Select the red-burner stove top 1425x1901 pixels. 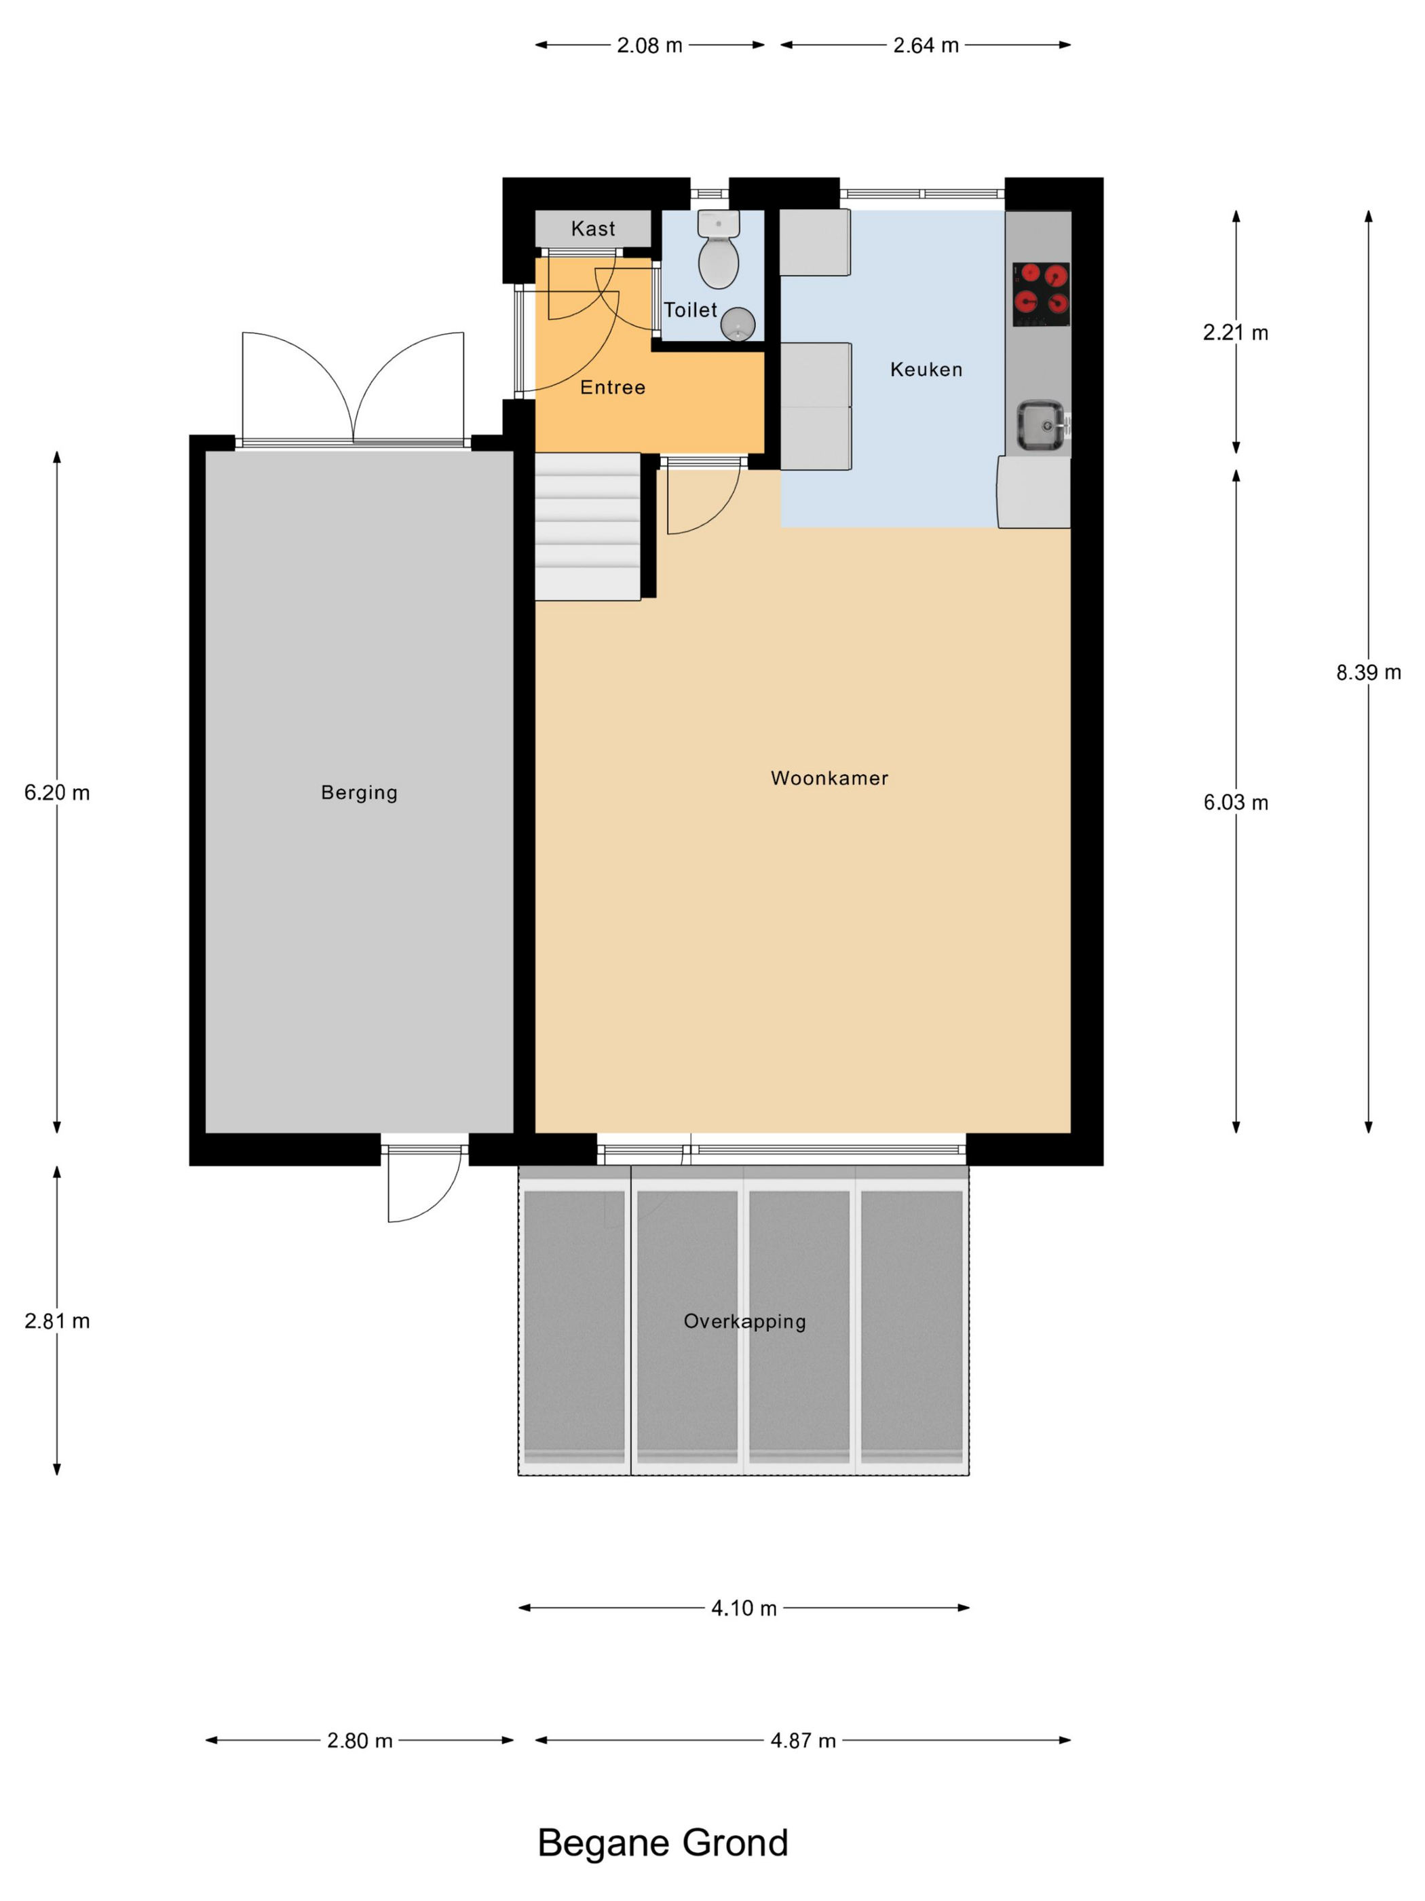click(x=1041, y=294)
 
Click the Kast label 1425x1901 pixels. click(x=592, y=229)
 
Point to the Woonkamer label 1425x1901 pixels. click(x=829, y=778)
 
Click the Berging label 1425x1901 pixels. click(x=359, y=792)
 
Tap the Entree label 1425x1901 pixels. click(x=613, y=388)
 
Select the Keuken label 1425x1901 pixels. click(x=926, y=369)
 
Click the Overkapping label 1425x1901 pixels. click(x=744, y=1322)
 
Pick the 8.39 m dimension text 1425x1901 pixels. click(x=1368, y=673)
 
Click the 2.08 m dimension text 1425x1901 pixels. click(x=649, y=45)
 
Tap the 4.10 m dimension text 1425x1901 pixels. click(x=744, y=1608)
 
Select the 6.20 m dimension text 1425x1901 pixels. click(x=57, y=792)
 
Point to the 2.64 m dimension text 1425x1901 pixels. click(x=926, y=45)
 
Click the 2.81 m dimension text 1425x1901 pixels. click(x=57, y=1321)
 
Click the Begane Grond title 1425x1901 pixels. click(x=662, y=1843)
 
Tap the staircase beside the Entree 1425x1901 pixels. click(x=588, y=527)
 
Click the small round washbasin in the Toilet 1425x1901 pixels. click(x=738, y=325)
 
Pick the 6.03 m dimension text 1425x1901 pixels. click(x=1235, y=802)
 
